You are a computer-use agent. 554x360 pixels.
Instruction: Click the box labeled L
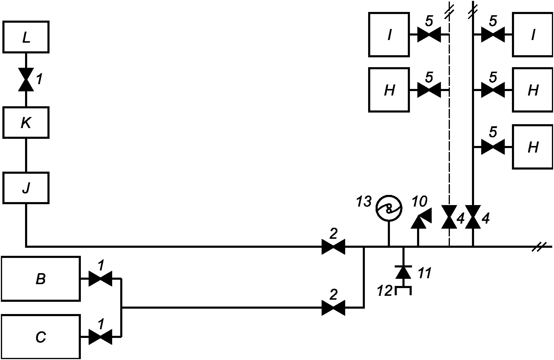[x=26, y=37]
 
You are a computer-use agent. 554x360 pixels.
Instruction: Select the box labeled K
[x=26, y=122]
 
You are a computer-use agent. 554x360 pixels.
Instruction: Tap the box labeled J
[x=26, y=188]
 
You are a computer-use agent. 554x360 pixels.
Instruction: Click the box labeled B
[x=41, y=279]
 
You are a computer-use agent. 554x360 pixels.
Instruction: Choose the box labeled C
[x=41, y=337]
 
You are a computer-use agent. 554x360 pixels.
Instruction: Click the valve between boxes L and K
[x=26, y=79]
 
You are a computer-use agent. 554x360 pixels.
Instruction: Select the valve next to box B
[x=101, y=279]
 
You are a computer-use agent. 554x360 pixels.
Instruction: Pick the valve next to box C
[x=101, y=337]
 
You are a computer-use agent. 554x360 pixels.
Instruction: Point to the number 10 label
[x=419, y=202]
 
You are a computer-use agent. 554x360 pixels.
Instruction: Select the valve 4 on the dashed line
[x=449, y=217]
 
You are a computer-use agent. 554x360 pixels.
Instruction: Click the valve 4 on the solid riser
[x=473, y=217]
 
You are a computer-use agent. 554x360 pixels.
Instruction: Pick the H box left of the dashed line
[x=389, y=90]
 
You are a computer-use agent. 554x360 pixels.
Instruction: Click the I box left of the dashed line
[x=389, y=34]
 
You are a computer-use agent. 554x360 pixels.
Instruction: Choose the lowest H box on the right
[x=533, y=147]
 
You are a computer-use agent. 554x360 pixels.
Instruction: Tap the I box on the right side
[x=533, y=34]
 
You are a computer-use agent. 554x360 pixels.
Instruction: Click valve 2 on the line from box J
[x=334, y=247]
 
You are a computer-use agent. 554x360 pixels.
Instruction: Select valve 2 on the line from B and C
[x=334, y=307]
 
